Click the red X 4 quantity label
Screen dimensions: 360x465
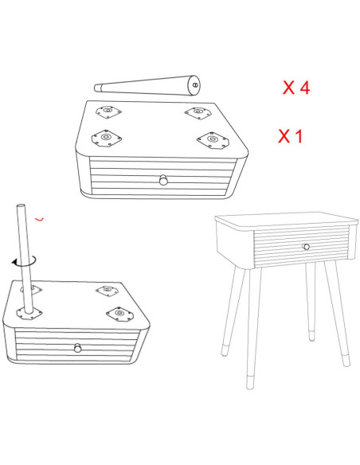pos(296,88)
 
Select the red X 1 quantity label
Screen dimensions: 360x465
pos(291,136)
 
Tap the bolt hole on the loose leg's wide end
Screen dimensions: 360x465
pos(195,85)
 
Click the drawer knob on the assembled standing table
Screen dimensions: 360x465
pos(306,247)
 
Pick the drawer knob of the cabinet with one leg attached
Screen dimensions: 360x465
pos(78,348)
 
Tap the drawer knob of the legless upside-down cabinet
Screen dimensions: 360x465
pos(163,180)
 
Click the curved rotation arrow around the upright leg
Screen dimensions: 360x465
pos(25,262)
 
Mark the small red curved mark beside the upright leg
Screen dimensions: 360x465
pos(40,219)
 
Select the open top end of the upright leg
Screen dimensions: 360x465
pos(21,205)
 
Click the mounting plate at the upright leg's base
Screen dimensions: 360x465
pos(29,313)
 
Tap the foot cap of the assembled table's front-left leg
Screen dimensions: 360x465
pos(250,382)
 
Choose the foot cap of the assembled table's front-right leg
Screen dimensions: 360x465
pos(346,360)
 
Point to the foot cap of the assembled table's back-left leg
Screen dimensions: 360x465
pos(225,350)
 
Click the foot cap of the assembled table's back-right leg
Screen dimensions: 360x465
pos(311,335)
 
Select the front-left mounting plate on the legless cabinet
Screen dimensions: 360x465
pos(107,139)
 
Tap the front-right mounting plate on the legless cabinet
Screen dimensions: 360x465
pos(213,140)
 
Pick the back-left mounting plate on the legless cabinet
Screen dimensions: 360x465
pos(108,111)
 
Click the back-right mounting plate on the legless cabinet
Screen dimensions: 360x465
pos(198,113)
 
